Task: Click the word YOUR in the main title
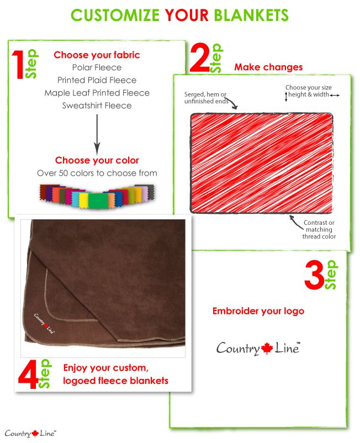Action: [x=187, y=15]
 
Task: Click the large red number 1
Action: [x=18, y=65]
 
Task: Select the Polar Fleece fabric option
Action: [x=97, y=67]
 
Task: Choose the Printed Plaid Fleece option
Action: [x=97, y=80]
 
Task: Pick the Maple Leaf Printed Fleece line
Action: [x=97, y=93]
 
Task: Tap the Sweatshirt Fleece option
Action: [x=97, y=106]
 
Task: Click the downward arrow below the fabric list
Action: [x=97, y=134]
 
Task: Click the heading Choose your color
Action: [x=97, y=160]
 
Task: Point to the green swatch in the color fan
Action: [x=98, y=201]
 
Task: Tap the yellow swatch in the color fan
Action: [x=83, y=201]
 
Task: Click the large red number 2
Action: [x=200, y=59]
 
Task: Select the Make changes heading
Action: [x=268, y=67]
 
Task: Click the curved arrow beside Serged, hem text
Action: [x=233, y=103]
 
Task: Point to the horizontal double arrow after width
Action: [x=335, y=96]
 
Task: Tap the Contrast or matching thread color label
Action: [x=319, y=229]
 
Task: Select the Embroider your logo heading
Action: [x=258, y=311]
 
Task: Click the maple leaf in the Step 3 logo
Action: [x=267, y=349]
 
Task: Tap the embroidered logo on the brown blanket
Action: [x=44, y=324]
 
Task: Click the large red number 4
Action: [x=28, y=374]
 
